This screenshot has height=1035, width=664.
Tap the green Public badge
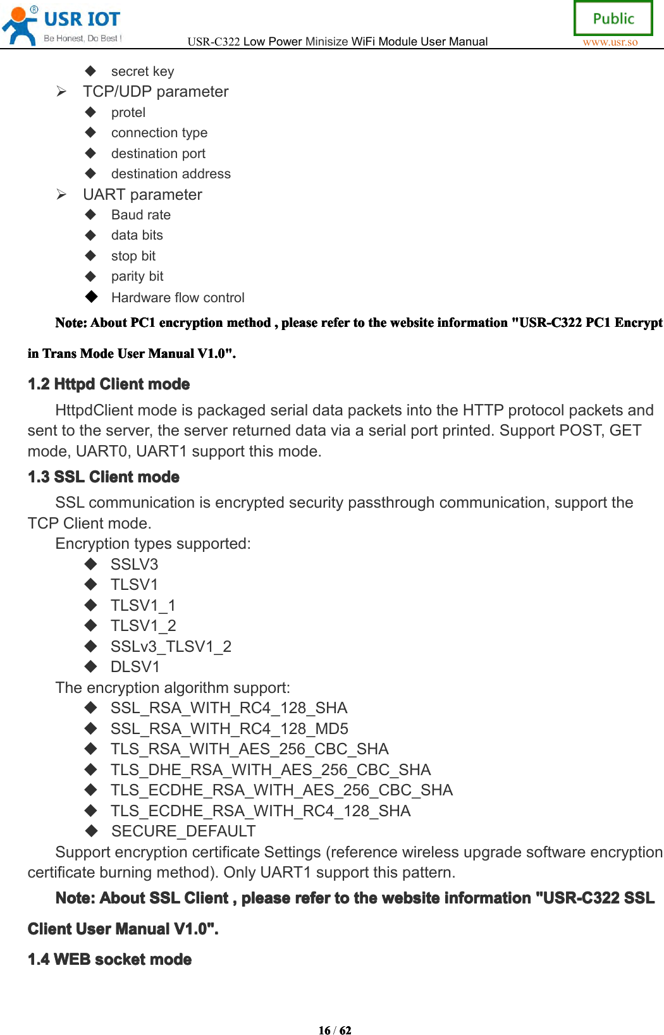click(613, 18)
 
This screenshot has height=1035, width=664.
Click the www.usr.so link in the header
click(610, 42)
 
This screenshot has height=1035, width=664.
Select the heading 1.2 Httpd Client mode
click(109, 384)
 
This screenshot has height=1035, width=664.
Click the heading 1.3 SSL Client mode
click(104, 477)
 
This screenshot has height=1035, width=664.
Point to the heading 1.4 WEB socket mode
click(109, 959)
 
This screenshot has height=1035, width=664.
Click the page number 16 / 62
click(335, 1030)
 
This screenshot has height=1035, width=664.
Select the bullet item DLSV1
click(135, 667)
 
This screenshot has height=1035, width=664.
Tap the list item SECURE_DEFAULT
click(183, 831)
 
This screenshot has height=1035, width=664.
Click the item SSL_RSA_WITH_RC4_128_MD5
click(230, 728)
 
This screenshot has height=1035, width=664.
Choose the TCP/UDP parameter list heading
click(156, 92)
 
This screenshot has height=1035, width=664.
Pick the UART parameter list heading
click(142, 195)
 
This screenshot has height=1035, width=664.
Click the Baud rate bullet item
click(141, 215)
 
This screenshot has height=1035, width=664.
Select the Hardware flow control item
click(178, 297)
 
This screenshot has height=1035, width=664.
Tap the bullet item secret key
click(142, 71)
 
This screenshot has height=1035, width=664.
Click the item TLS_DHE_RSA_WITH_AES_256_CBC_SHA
click(271, 769)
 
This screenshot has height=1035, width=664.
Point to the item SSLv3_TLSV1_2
click(171, 646)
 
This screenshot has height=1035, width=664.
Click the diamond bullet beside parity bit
click(91, 276)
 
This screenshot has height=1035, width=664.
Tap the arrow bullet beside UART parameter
click(61, 194)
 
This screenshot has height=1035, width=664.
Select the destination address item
click(171, 174)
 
